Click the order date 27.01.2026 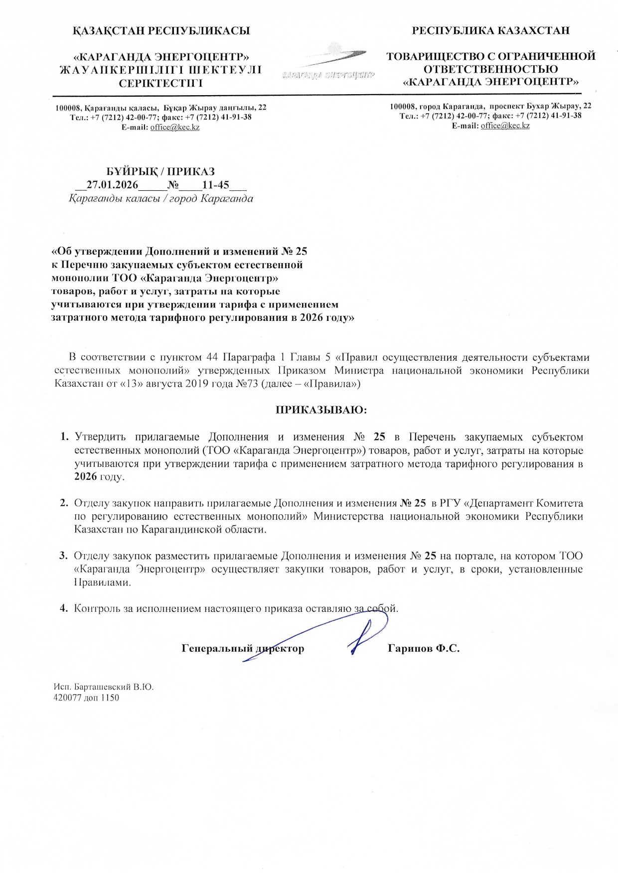tap(112, 185)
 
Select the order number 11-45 tap(216, 185)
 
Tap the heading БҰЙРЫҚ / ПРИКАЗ tap(161, 172)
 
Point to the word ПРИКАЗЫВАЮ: tap(321, 410)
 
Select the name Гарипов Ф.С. tap(423, 649)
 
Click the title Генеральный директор tap(243, 649)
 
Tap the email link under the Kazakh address tap(175, 128)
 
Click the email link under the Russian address tap(505, 126)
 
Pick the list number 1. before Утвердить tap(64, 437)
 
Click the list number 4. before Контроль tap(64, 608)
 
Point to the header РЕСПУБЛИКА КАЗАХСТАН tap(490, 31)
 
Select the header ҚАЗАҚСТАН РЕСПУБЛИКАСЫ tap(161, 31)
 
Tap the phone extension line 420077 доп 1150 tap(86, 698)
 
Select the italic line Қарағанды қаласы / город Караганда tap(161, 199)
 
